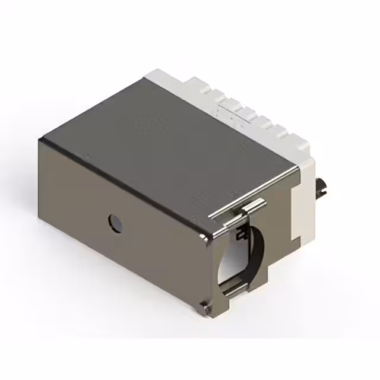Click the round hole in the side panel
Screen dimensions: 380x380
(114, 223)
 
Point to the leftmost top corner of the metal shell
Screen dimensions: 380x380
(40, 141)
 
